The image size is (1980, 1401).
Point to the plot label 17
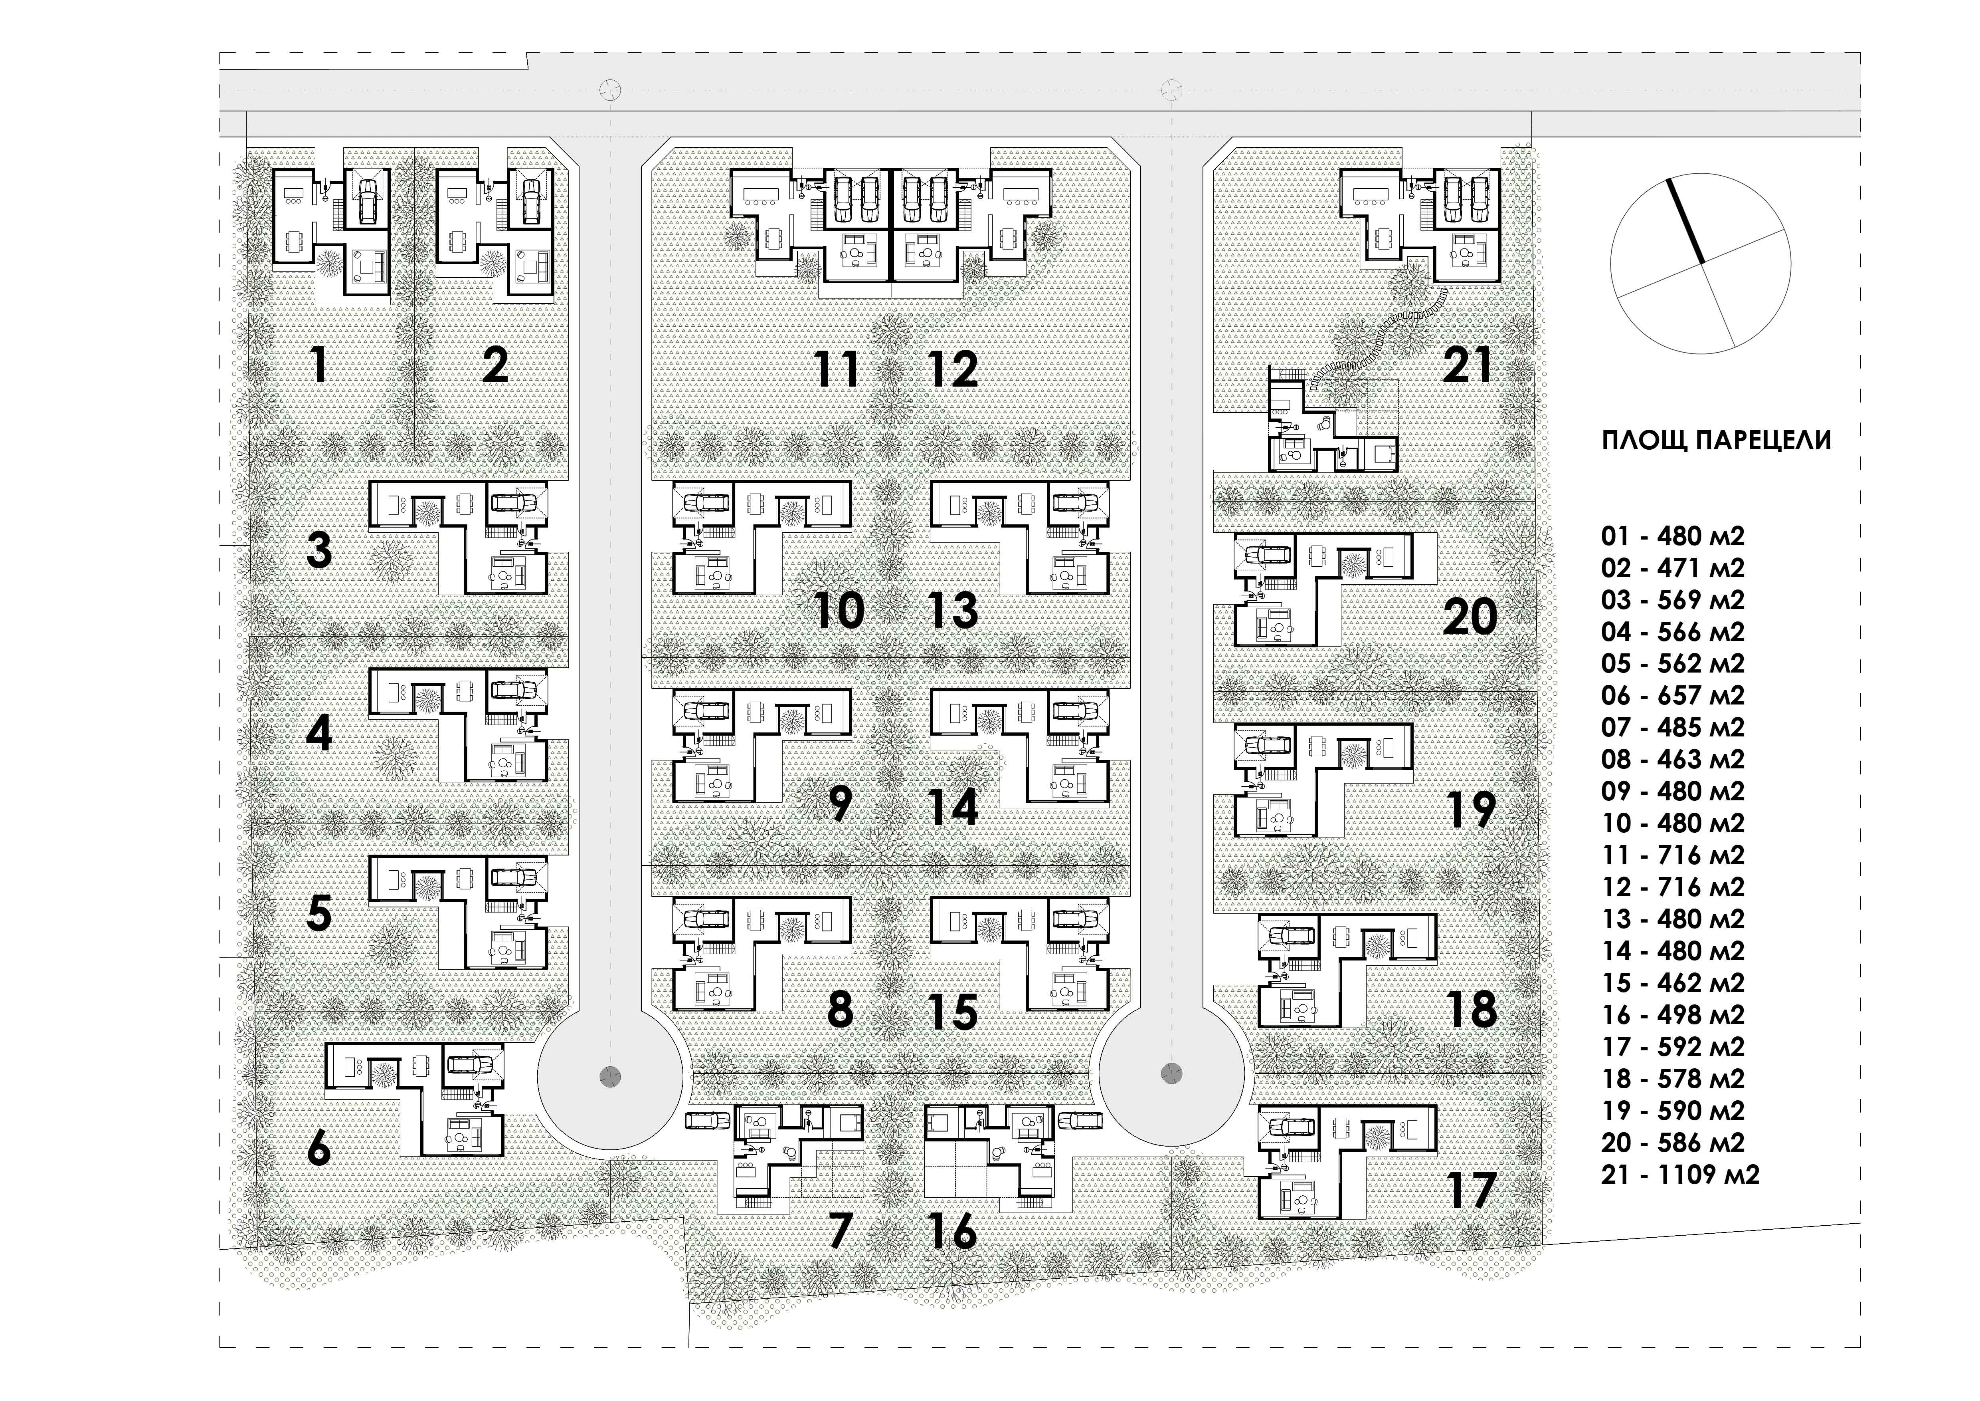1471,1191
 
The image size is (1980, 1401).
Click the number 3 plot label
319,550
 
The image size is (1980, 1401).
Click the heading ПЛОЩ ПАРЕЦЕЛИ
1716,440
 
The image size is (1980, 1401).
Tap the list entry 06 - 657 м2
1673,695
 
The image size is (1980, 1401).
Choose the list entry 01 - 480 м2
1673,536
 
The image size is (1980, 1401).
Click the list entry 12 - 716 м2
1673,887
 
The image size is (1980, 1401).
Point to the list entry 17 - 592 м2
1673,1046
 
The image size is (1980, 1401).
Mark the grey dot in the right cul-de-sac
1171,1072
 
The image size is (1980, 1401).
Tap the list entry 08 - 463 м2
1673,759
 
